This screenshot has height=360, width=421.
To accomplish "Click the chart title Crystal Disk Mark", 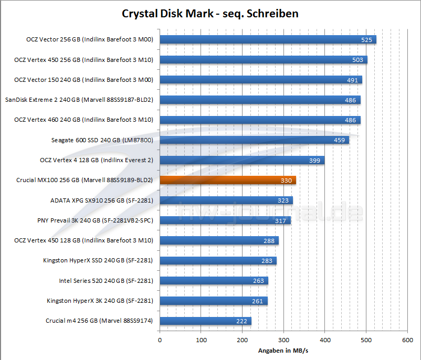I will click(x=210, y=14).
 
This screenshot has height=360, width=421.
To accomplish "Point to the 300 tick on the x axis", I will click(x=283, y=340).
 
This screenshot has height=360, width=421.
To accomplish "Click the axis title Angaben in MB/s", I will click(x=283, y=350).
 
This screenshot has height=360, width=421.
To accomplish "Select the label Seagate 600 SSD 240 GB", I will click(x=102, y=140).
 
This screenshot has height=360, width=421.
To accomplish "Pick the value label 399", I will click(x=315, y=161).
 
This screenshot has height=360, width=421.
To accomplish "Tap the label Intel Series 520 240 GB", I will click(x=106, y=281).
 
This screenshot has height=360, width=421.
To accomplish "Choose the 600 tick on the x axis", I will click(x=407, y=340).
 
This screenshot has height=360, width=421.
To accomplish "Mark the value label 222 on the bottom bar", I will click(x=242, y=321).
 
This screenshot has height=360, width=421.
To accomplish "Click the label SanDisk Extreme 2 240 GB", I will click(x=79, y=100).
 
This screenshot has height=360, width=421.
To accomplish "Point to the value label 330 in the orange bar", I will click(x=287, y=181).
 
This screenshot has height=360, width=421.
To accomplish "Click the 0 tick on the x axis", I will click(x=160, y=340).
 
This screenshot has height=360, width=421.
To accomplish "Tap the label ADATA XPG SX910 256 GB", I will click(x=101, y=200).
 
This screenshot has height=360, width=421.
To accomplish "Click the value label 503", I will click(x=357, y=60).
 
